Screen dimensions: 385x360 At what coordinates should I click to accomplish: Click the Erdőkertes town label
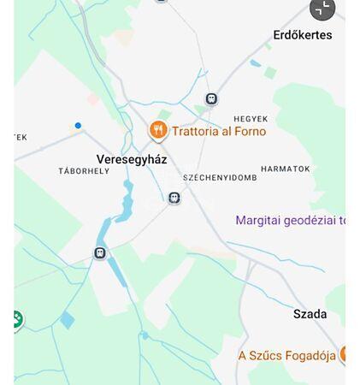click(x=302, y=35)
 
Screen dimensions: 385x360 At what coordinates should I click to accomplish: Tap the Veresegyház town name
click(x=132, y=159)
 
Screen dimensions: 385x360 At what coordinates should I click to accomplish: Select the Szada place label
click(x=310, y=314)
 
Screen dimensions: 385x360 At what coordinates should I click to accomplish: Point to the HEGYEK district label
click(x=251, y=119)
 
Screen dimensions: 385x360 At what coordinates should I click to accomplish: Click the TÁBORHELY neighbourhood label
click(x=84, y=171)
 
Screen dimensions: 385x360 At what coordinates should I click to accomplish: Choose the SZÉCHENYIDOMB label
click(x=220, y=178)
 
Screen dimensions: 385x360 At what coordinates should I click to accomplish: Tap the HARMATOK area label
click(x=285, y=169)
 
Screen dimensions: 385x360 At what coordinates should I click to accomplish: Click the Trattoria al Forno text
click(x=219, y=131)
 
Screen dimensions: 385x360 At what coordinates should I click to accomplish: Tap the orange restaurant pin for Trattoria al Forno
click(x=157, y=130)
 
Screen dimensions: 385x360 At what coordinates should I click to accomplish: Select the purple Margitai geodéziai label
click(x=290, y=220)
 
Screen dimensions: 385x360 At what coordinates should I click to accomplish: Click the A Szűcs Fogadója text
click(x=286, y=355)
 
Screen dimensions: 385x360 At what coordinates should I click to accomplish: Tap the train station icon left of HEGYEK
click(x=211, y=99)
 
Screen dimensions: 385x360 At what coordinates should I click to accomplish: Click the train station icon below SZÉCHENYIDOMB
click(x=174, y=198)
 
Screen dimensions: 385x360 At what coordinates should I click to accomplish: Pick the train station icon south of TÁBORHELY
click(x=100, y=253)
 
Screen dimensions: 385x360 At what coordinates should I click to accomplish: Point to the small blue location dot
click(x=78, y=126)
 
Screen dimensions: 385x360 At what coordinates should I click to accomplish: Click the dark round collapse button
click(x=322, y=9)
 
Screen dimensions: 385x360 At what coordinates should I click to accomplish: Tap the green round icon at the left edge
click(x=15, y=320)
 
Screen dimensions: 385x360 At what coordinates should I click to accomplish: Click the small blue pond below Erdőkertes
click(x=255, y=62)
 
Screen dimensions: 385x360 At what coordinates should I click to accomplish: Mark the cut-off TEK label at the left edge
click(x=21, y=137)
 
